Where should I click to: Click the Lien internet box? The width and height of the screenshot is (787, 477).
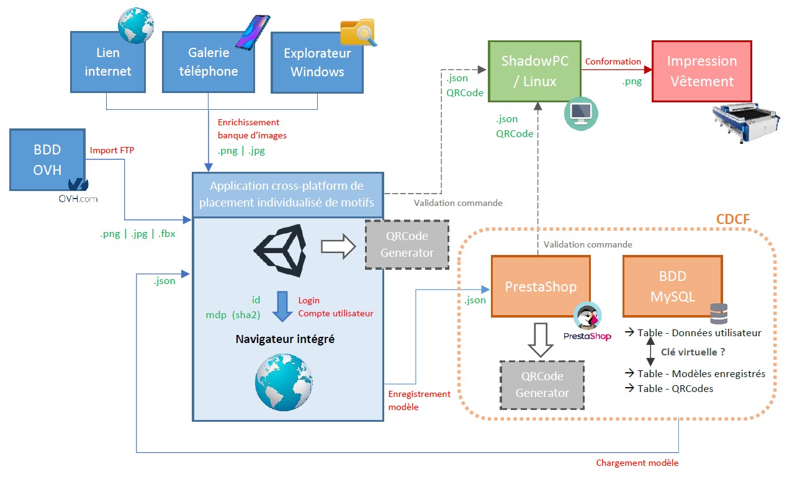click(108, 63)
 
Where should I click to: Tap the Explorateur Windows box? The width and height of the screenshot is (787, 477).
click(317, 63)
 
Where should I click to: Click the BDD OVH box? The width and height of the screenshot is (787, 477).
click(47, 159)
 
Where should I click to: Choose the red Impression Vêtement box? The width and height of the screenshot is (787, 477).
click(701, 71)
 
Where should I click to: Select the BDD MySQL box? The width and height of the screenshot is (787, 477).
click(672, 287)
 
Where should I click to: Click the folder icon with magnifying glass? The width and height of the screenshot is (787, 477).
click(358, 32)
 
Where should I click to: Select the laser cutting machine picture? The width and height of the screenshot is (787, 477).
click(746, 121)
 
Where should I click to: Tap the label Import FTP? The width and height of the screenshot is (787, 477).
click(112, 150)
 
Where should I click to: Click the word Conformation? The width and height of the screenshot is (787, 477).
click(613, 61)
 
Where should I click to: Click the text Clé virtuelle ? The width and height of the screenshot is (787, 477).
click(693, 352)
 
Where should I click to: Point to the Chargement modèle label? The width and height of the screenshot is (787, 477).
click(637, 463)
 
